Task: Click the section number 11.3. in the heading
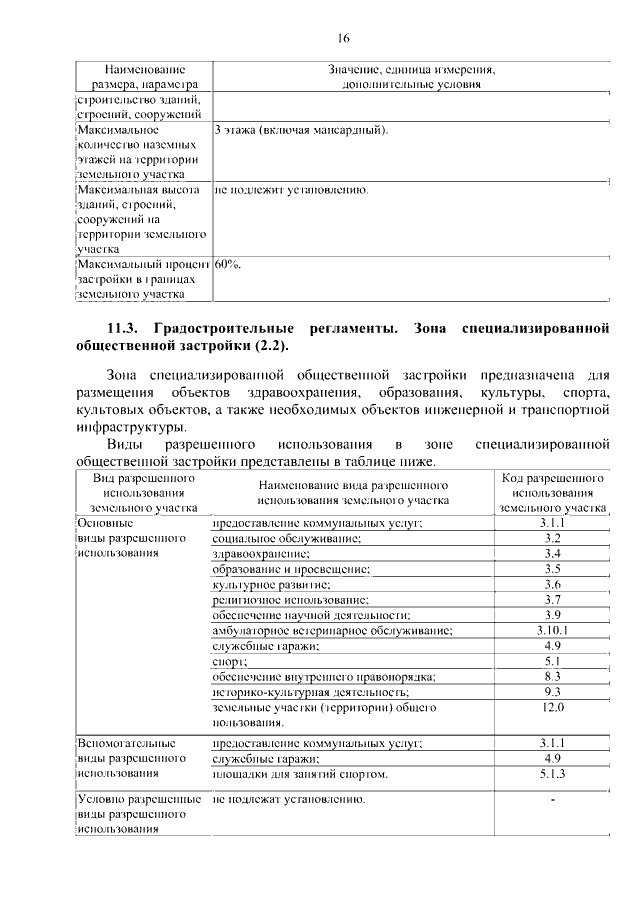[x=127, y=329]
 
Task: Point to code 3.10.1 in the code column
[x=552, y=631]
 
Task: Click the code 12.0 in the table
[x=552, y=708]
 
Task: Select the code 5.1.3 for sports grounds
[x=552, y=774]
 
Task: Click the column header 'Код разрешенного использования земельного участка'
[x=552, y=492]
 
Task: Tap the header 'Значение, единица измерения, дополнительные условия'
[x=411, y=77]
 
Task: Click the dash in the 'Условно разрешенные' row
[x=552, y=801]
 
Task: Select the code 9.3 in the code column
[x=552, y=692]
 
